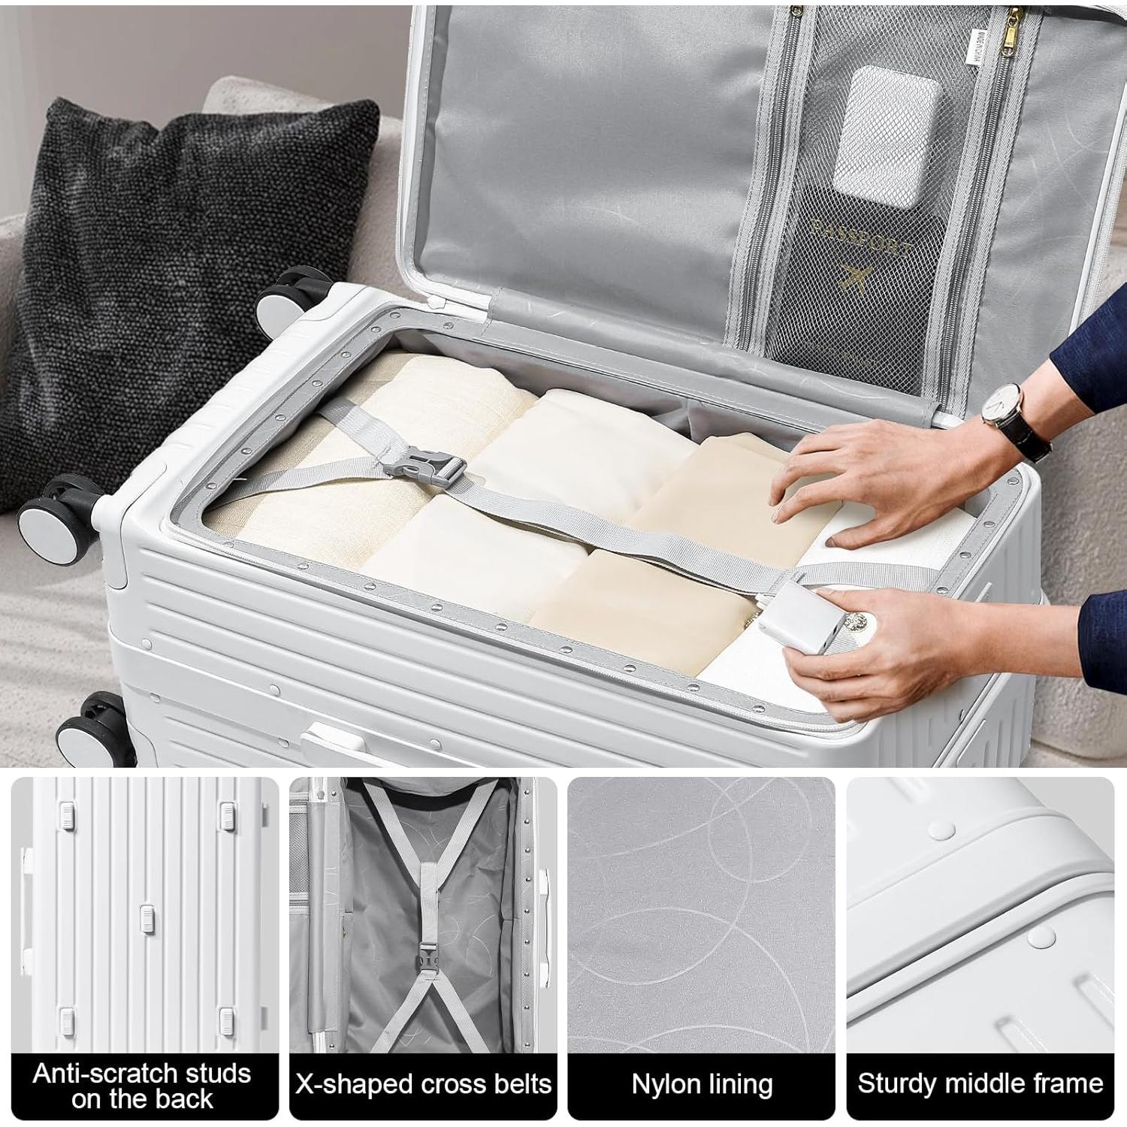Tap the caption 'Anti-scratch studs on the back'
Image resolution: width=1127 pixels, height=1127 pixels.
[x=142, y=1085]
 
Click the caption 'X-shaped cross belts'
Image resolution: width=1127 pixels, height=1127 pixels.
[x=423, y=1084]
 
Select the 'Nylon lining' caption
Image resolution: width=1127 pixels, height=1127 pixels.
[x=702, y=1084]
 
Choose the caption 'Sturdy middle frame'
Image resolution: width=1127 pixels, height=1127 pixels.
[x=980, y=1084]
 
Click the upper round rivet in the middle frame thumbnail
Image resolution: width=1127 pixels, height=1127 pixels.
[x=941, y=829]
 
